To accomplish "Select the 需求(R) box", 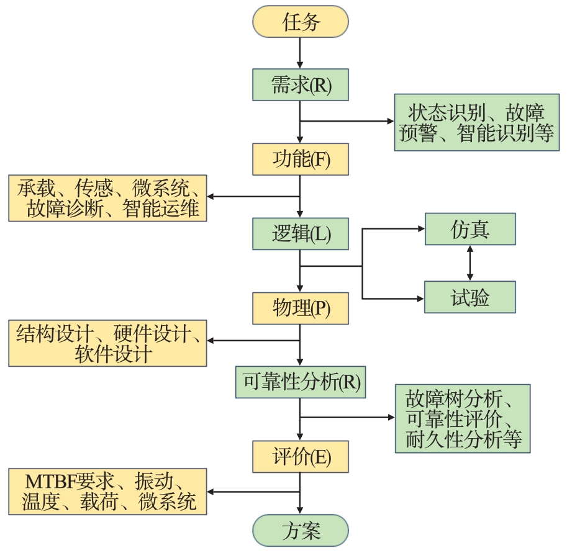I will pos(300,84).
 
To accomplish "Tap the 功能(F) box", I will pos(300,159).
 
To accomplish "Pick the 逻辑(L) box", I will pos(300,233).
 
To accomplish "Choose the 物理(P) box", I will pos(300,308).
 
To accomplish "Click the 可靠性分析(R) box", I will pos(300,382).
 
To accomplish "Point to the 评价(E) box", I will pos(300,457).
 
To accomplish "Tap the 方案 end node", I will pos(300,531).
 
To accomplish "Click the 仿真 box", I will pos(469,229).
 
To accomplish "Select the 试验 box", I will pos(469,297).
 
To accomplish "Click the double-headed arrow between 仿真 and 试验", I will pos(469,263).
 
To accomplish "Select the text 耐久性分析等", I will pos(463,439).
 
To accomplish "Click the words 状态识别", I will pos(443,113).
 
